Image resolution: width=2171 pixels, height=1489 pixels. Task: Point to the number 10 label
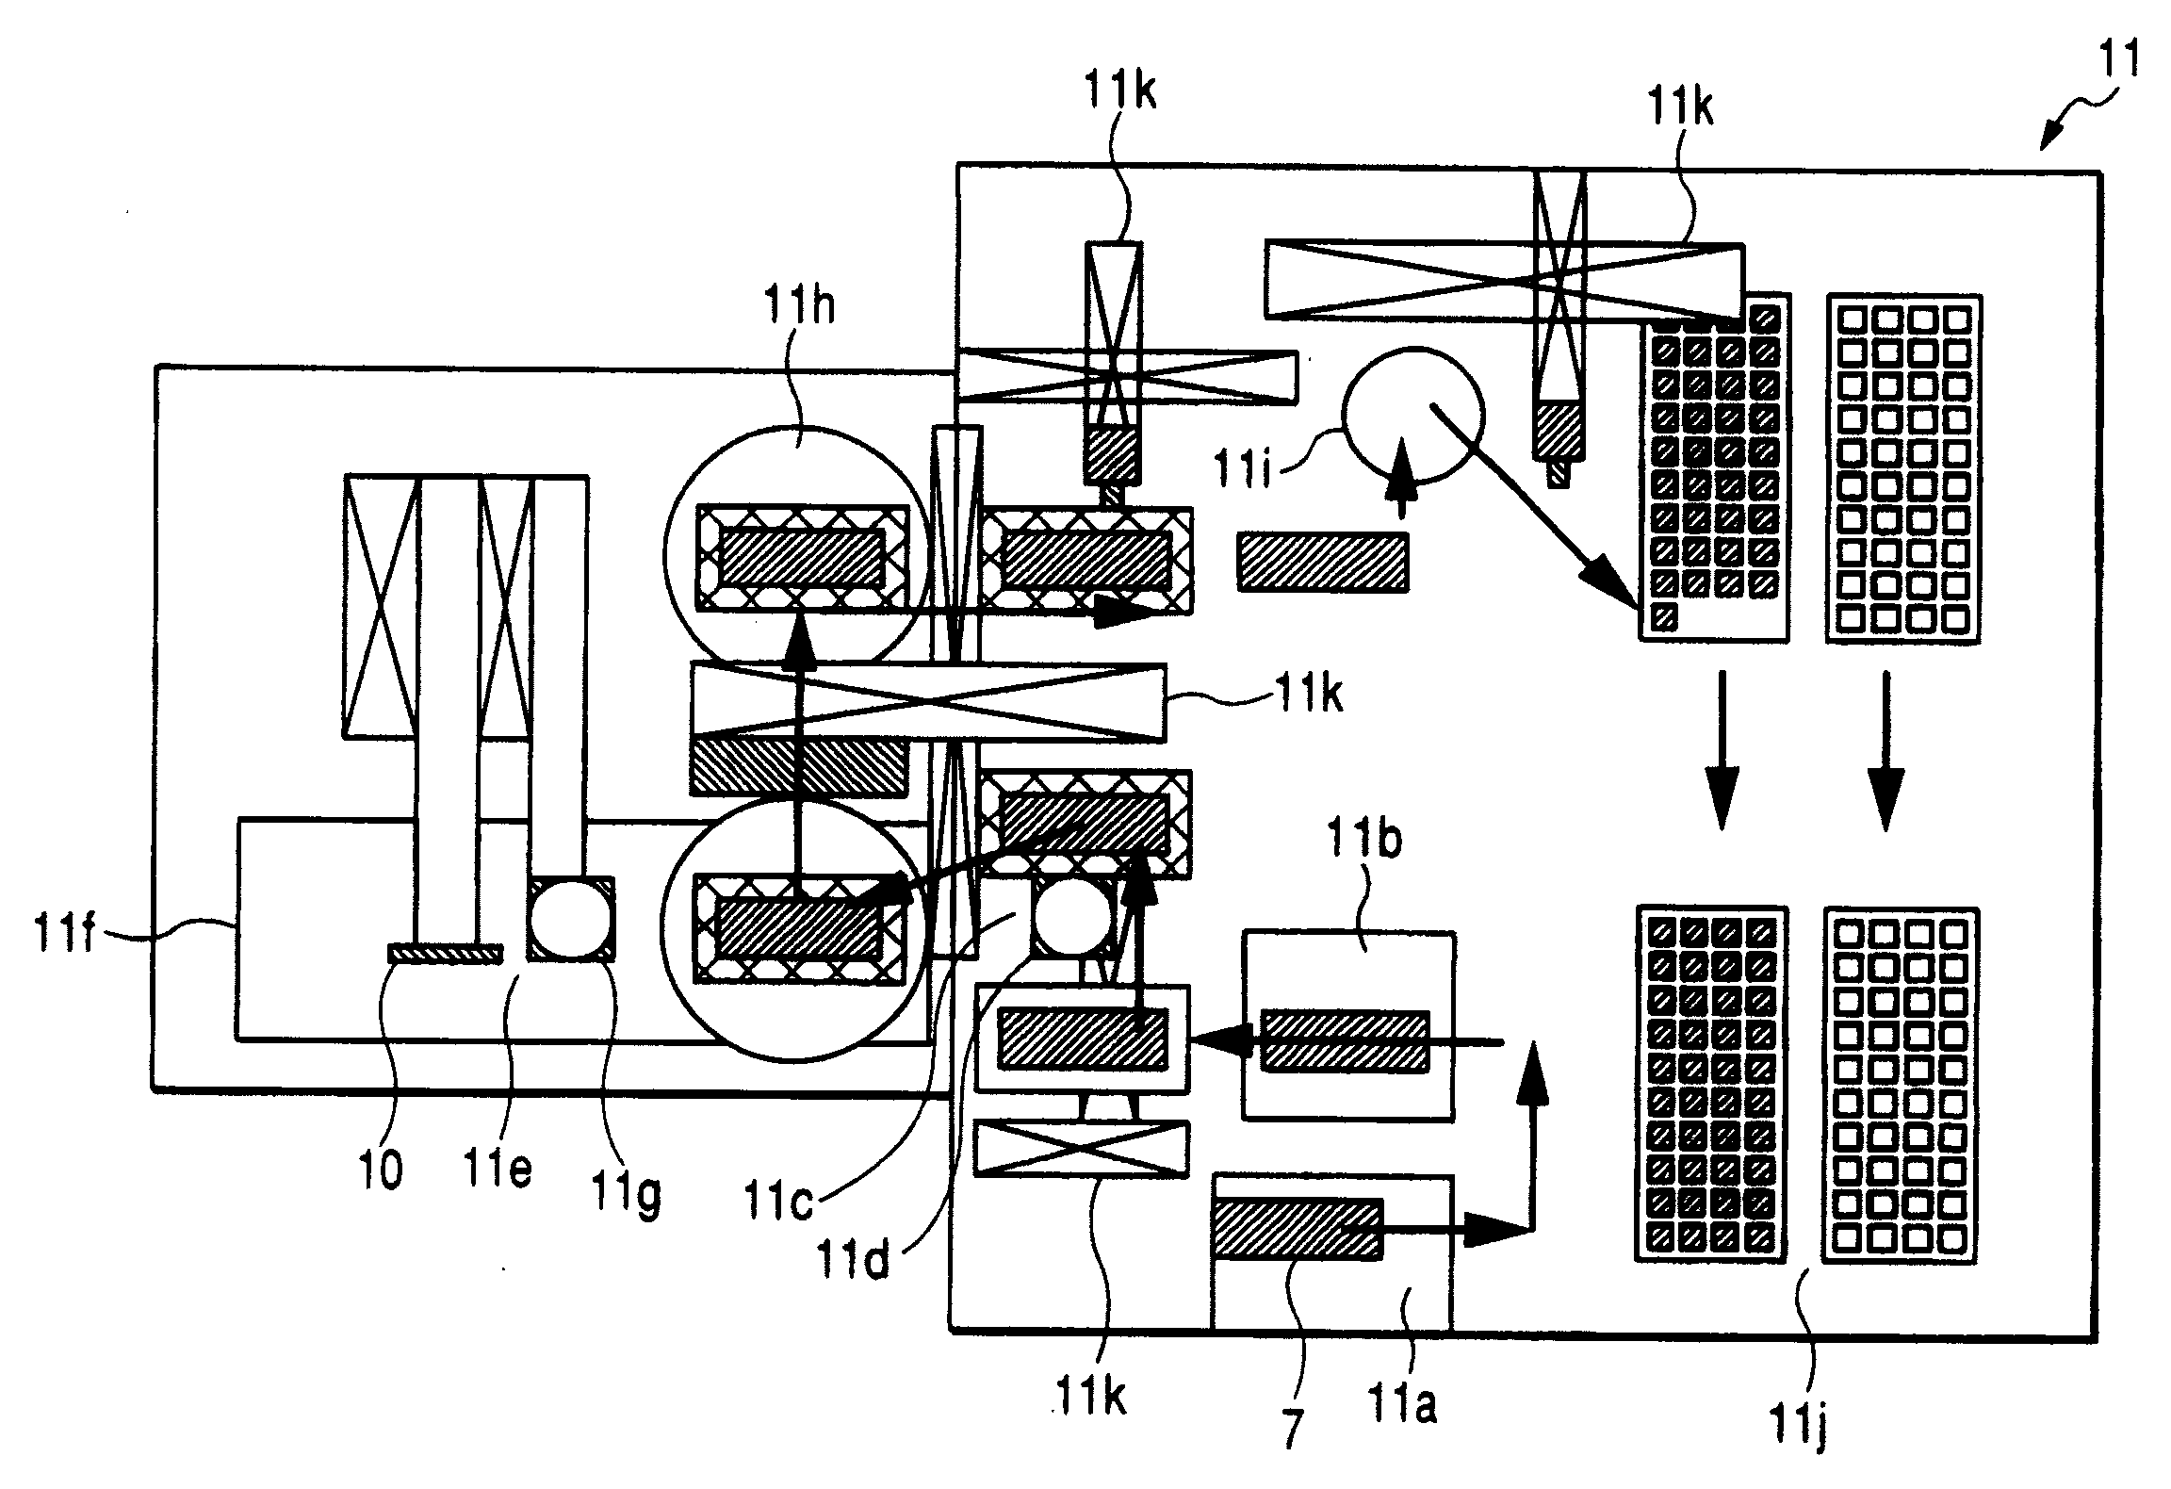pos(380,1170)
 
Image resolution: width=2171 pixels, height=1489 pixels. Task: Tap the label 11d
pos(854,1258)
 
